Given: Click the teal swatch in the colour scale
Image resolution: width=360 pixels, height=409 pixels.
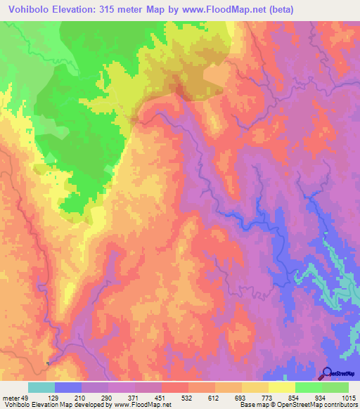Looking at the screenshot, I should [41, 387].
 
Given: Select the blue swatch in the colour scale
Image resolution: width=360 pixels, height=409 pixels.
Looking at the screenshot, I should [67, 387].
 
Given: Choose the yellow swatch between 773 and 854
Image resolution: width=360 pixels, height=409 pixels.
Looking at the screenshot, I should [282, 387].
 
